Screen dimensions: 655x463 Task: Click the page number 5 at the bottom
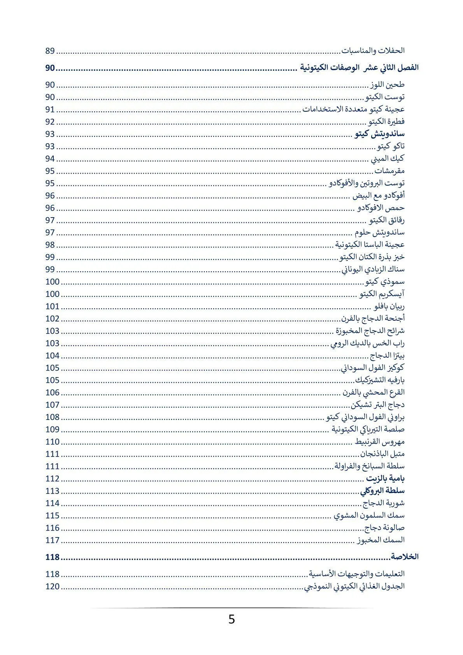click(x=231, y=619)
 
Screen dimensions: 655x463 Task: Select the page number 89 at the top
click(x=50, y=51)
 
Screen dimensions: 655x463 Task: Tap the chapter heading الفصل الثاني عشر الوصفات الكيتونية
click(x=358, y=67)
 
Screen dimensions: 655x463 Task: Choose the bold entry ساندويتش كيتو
click(x=380, y=134)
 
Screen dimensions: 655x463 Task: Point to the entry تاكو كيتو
click(x=391, y=146)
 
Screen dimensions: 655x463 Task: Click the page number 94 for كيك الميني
click(x=50, y=159)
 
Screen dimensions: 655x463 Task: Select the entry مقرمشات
click(x=389, y=171)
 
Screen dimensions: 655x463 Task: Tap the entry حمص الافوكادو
click(x=381, y=208)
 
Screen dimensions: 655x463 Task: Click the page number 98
click(x=50, y=245)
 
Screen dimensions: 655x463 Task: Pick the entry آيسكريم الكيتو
click(x=382, y=294)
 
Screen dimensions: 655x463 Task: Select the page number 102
click(x=53, y=319)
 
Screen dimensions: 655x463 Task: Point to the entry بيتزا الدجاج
click(x=387, y=355)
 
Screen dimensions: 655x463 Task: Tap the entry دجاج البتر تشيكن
click(x=378, y=405)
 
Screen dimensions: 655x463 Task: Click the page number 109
click(x=53, y=429)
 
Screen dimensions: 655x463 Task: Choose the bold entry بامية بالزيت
click(x=386, y=478)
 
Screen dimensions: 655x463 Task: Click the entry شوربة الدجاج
click(x=384, y=503)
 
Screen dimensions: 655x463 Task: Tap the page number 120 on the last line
click(x=53, y=587)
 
